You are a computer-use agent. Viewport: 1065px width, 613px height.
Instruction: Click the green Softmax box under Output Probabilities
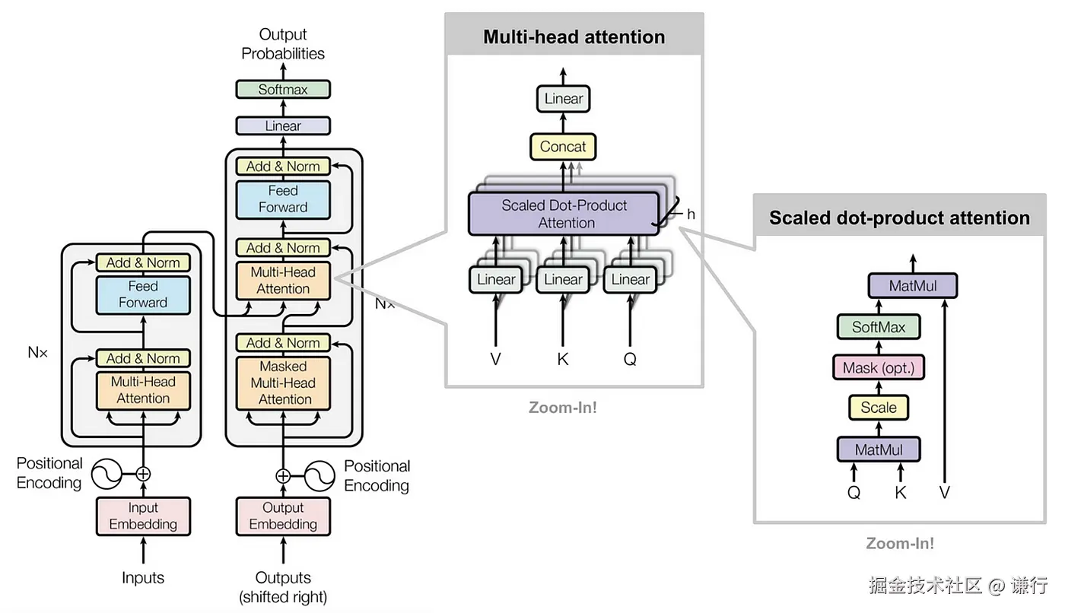283,89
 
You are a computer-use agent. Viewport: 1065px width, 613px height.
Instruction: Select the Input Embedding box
143,516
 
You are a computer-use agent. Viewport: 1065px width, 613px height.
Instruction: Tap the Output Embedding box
283,516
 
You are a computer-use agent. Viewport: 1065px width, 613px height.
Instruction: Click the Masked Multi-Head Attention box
283,383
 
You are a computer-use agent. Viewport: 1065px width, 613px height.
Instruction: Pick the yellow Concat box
563,147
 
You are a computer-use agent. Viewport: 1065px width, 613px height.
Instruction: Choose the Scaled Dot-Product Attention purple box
564,214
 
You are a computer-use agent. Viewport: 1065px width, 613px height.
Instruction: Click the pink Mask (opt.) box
879,368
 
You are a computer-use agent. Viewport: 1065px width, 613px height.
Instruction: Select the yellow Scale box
879,408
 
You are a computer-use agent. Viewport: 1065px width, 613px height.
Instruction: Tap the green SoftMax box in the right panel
879,327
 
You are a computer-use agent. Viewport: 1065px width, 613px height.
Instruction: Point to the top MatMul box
913,286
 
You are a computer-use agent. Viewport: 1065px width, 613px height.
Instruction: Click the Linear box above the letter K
563,279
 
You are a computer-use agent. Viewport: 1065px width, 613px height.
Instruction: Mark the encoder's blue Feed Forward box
143,294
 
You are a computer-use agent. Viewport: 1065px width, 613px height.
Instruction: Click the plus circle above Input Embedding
143,474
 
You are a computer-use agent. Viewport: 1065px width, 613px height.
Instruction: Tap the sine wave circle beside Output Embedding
319,476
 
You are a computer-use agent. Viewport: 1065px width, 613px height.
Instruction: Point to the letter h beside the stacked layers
691,214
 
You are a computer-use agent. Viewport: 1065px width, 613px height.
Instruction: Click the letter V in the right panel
944,493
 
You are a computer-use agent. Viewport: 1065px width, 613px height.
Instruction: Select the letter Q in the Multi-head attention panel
630,359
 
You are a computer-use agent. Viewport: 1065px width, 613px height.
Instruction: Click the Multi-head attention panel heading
574,37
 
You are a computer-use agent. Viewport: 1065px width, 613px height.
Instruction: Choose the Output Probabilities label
283,44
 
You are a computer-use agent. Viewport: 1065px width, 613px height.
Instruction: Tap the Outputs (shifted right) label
283,587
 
